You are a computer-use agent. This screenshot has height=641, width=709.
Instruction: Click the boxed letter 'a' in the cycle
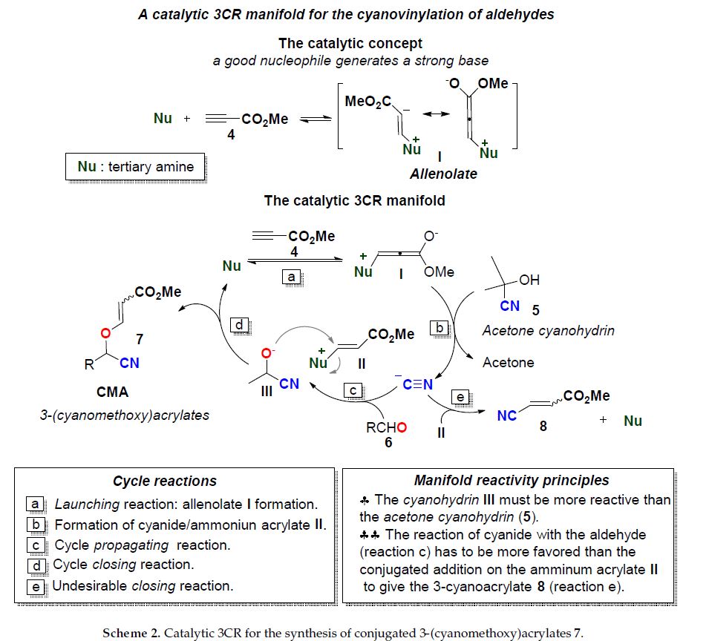[292, 276]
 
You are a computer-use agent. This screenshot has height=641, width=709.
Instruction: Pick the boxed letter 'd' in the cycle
[240, 325]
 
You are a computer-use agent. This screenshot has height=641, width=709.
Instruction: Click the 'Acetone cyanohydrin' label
[548, 331]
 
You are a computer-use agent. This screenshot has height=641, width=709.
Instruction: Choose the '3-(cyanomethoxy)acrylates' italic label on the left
[125, 415]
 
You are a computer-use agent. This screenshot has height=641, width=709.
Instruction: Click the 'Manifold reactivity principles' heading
[511, 481]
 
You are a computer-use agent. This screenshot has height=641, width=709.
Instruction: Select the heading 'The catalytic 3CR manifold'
[354, 201]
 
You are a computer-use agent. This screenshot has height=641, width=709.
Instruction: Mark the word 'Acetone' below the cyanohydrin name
[508, 363]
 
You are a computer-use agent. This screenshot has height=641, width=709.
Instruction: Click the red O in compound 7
[105, 333]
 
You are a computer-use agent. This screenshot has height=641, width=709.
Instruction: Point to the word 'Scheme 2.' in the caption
[133, 633]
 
